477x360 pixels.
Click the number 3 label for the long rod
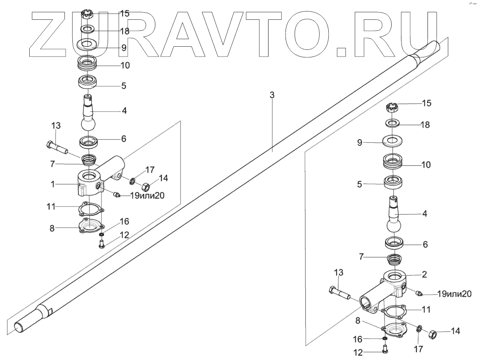[271, 95]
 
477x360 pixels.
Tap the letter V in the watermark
[225, 34]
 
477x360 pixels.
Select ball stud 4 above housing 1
[89, 113]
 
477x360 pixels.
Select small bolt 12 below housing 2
[385, 350]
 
